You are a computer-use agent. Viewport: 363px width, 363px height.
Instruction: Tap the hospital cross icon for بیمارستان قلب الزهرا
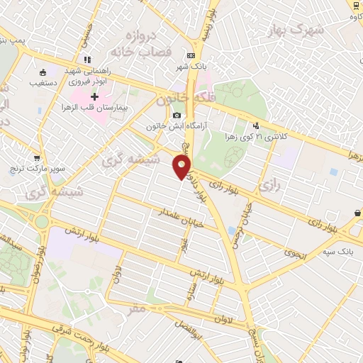click(94, 96)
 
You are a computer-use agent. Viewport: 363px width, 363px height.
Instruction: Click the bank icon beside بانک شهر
click(191, 55)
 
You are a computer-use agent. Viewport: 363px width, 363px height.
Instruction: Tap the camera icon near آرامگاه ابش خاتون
click(177, 116)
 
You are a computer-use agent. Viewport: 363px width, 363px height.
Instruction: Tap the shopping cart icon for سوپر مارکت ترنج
click(36, 157)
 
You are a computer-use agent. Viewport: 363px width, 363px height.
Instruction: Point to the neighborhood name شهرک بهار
click(296, 29)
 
